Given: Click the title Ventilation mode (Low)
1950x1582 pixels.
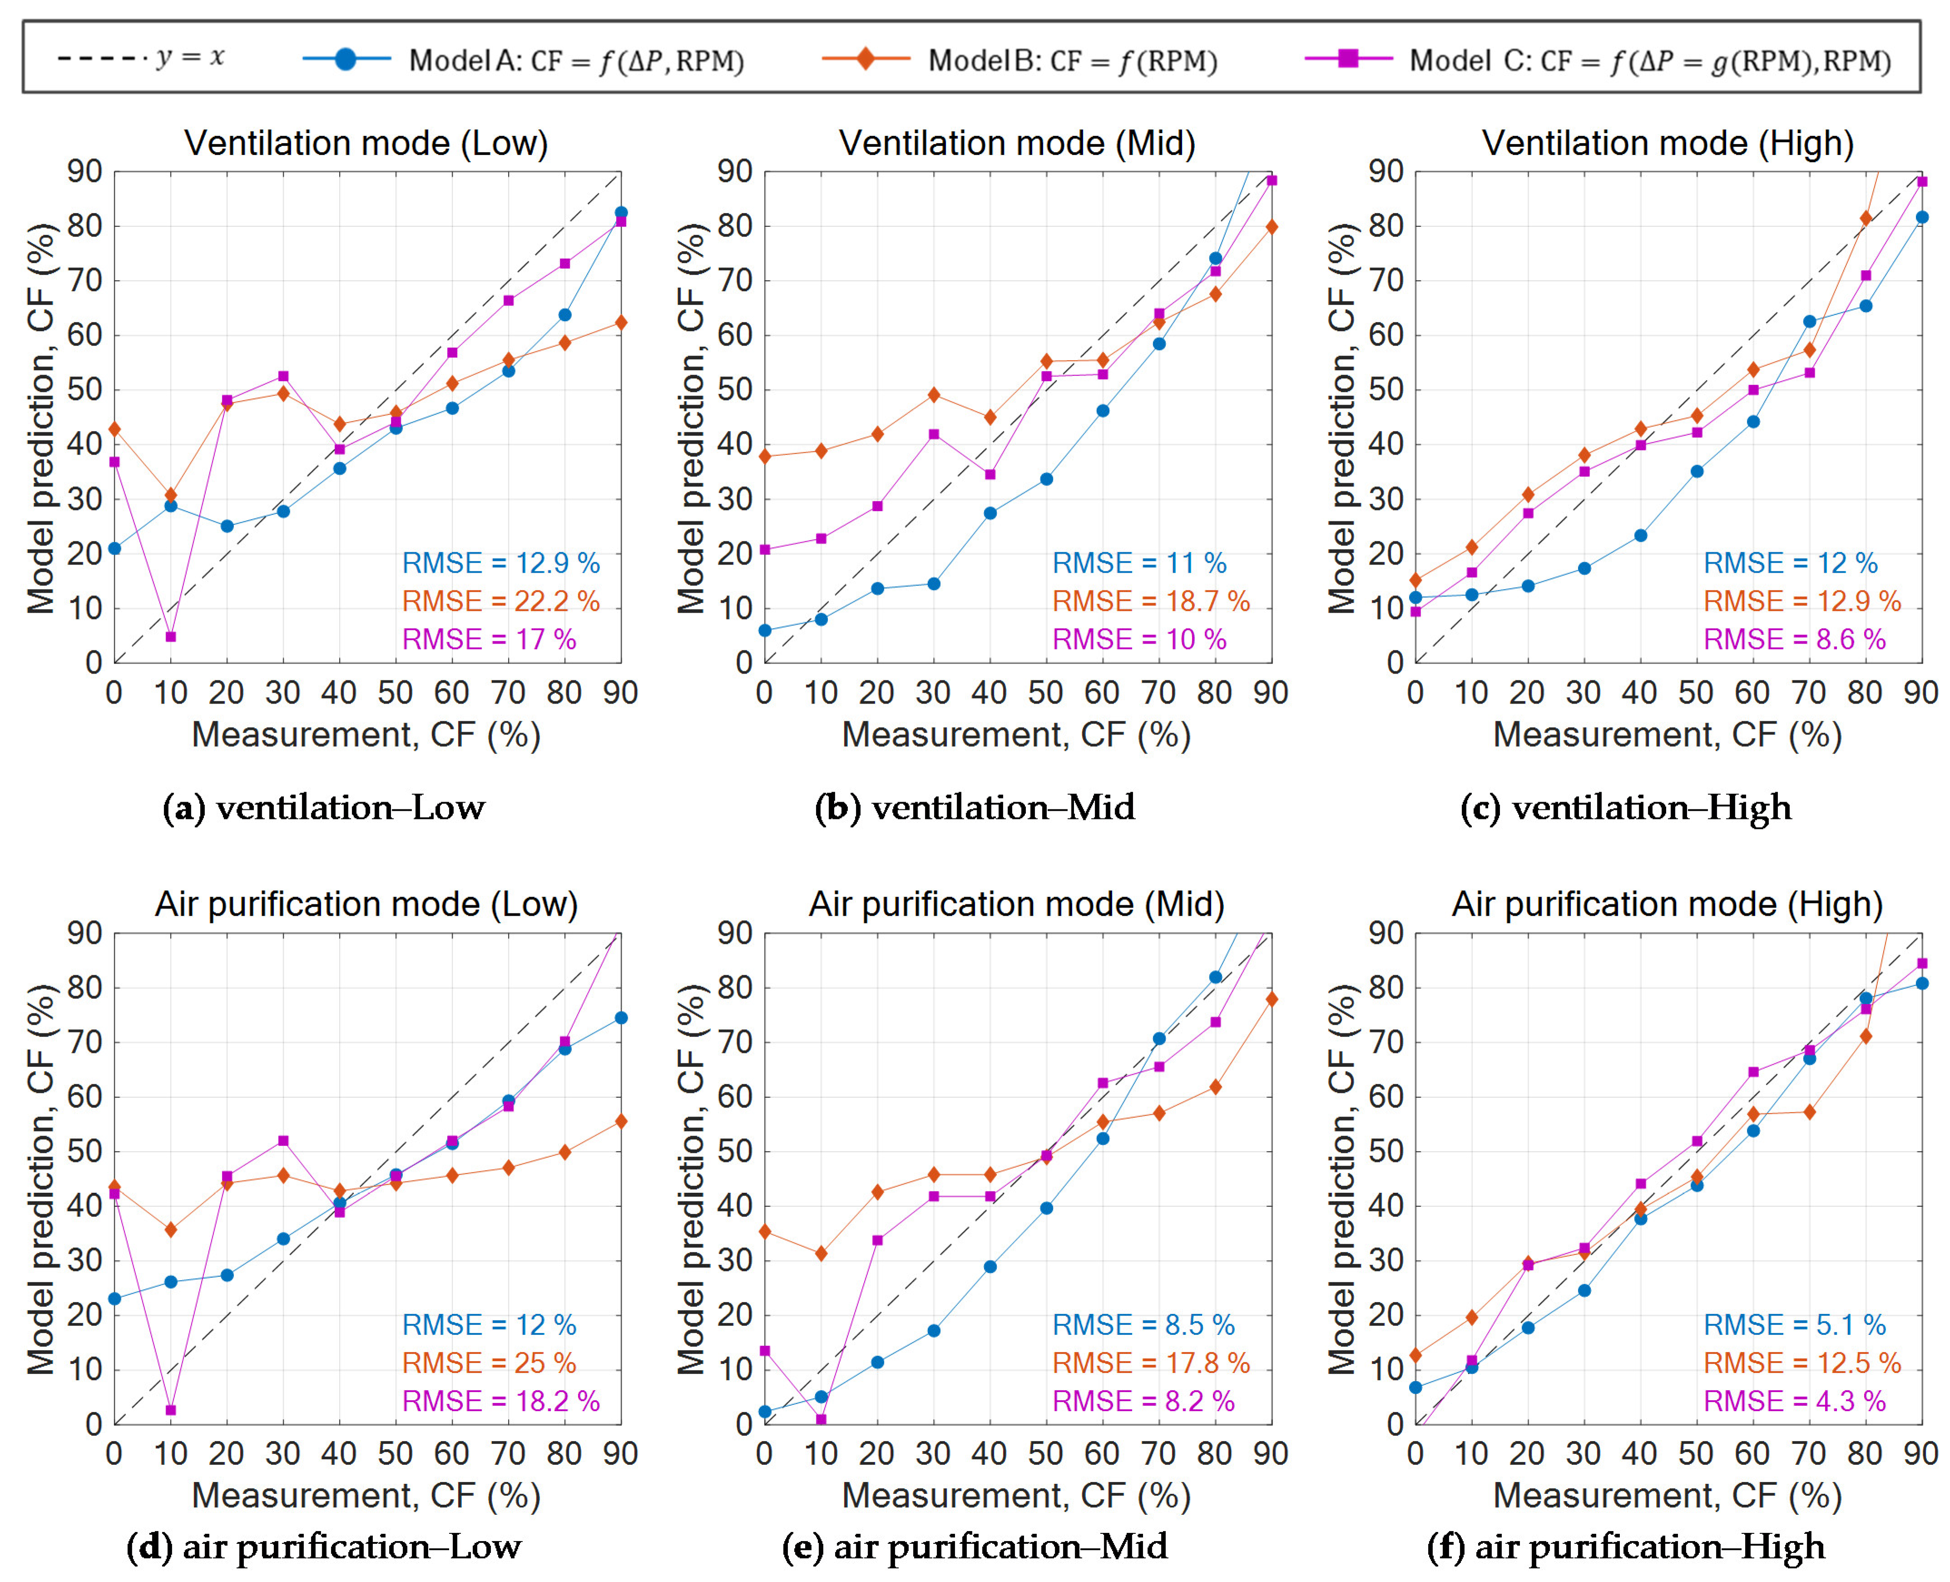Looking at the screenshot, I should (366, 143).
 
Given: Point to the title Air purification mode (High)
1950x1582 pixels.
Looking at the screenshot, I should (1668, 904).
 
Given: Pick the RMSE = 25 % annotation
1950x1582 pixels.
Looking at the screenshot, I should (490, 1363).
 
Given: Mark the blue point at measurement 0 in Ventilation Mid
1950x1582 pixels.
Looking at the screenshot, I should (764, 630).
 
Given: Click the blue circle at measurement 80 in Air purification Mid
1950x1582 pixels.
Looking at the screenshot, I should (1215, 977).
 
